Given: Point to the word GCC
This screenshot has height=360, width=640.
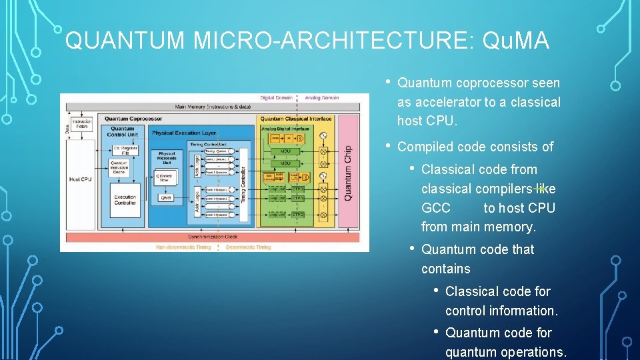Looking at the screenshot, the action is (x=436, y=208).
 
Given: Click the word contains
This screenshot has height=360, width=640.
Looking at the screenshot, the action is (x=445, y=269).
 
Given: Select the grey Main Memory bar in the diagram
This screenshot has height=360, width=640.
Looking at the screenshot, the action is (x=213, y=107).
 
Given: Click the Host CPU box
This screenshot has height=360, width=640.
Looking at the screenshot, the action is (x=80, y=179).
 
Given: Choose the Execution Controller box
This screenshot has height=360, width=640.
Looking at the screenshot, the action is (x=125, y=199).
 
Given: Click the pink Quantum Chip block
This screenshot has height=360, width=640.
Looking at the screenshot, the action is (x=347, y=173).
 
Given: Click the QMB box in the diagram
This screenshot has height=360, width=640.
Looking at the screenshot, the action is (x=166, y=198).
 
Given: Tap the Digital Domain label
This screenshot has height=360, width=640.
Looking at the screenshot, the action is (x=276, y=98).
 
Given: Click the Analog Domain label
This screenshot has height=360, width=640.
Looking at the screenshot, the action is (x=322, y=98).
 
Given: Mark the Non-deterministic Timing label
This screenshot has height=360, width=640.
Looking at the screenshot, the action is (x=183, y=247).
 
